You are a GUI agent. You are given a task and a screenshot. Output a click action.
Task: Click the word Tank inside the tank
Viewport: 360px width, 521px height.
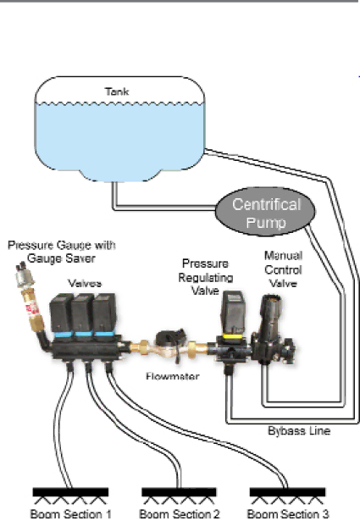[x=117, y=91]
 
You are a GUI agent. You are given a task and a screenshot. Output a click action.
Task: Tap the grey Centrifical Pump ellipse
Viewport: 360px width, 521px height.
[x=265, y=212]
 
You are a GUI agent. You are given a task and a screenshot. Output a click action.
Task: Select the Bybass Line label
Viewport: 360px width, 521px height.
[x=299, y=431]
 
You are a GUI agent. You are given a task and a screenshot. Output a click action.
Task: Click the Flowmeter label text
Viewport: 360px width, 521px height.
[x=172, y=376]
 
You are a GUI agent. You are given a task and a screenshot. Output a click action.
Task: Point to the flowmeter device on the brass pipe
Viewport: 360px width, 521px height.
[x=169, y=346]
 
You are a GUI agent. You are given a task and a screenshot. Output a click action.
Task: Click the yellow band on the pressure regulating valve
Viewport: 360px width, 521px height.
[x=232, y=336]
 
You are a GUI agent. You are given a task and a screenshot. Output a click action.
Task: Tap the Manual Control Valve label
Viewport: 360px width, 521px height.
[x=283, y=269]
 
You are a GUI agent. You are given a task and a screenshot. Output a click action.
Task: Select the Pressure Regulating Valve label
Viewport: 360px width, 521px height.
[x=206, y=277]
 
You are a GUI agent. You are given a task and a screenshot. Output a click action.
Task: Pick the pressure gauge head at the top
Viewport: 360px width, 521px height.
[x=24, y=275]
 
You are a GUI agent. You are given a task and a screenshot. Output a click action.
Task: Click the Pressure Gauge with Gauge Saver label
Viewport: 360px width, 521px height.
[x=62, y=252]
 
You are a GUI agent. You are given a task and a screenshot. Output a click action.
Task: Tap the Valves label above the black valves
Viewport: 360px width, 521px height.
[x=85, y=283]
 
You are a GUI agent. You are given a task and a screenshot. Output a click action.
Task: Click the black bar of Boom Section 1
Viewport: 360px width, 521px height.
[x=70, y=492]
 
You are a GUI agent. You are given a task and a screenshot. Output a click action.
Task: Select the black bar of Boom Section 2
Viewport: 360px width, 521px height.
[x=179, y=492]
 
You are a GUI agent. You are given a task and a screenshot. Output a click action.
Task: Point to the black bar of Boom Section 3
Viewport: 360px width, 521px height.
[x=288, y=492]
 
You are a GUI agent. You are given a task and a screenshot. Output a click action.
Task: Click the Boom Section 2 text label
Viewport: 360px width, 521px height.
[x=180, y=514]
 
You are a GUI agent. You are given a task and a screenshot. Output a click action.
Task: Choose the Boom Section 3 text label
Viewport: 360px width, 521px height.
[x=288, y=514]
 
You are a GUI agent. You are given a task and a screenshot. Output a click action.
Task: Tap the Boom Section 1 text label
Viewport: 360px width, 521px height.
[x=71, y=514]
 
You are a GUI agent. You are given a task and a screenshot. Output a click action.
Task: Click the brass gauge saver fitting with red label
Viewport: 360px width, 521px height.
[x=32, y=309]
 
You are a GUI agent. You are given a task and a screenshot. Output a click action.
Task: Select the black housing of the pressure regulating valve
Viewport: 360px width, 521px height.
[x=233, y=313]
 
